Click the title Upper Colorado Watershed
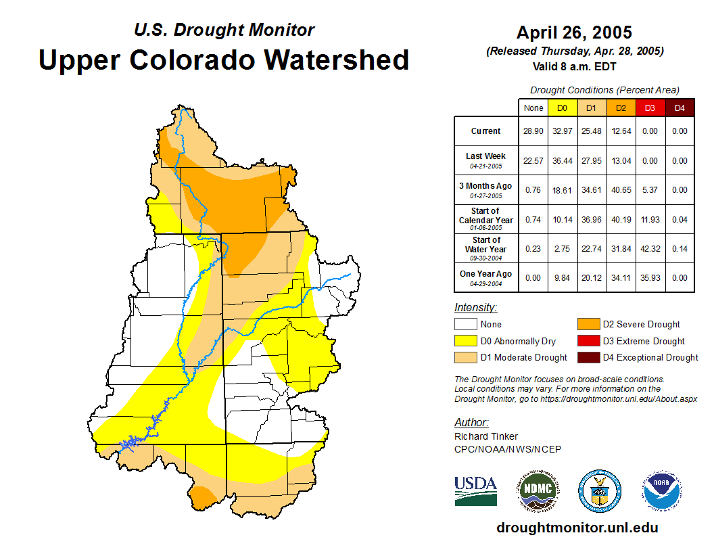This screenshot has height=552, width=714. (224, 60)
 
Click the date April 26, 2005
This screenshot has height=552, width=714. (574, 32)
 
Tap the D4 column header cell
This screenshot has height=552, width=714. (680, 108)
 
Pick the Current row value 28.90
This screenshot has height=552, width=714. (533, 131)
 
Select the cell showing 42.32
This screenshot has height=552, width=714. (650, 249)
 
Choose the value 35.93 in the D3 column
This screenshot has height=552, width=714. (650, 278)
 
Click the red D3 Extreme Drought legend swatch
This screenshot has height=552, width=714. (587, 342)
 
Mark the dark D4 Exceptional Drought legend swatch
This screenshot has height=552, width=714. (587, 358)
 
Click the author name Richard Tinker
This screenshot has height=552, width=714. (486, 436)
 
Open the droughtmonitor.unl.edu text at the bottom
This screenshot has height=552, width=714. (577, 528)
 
